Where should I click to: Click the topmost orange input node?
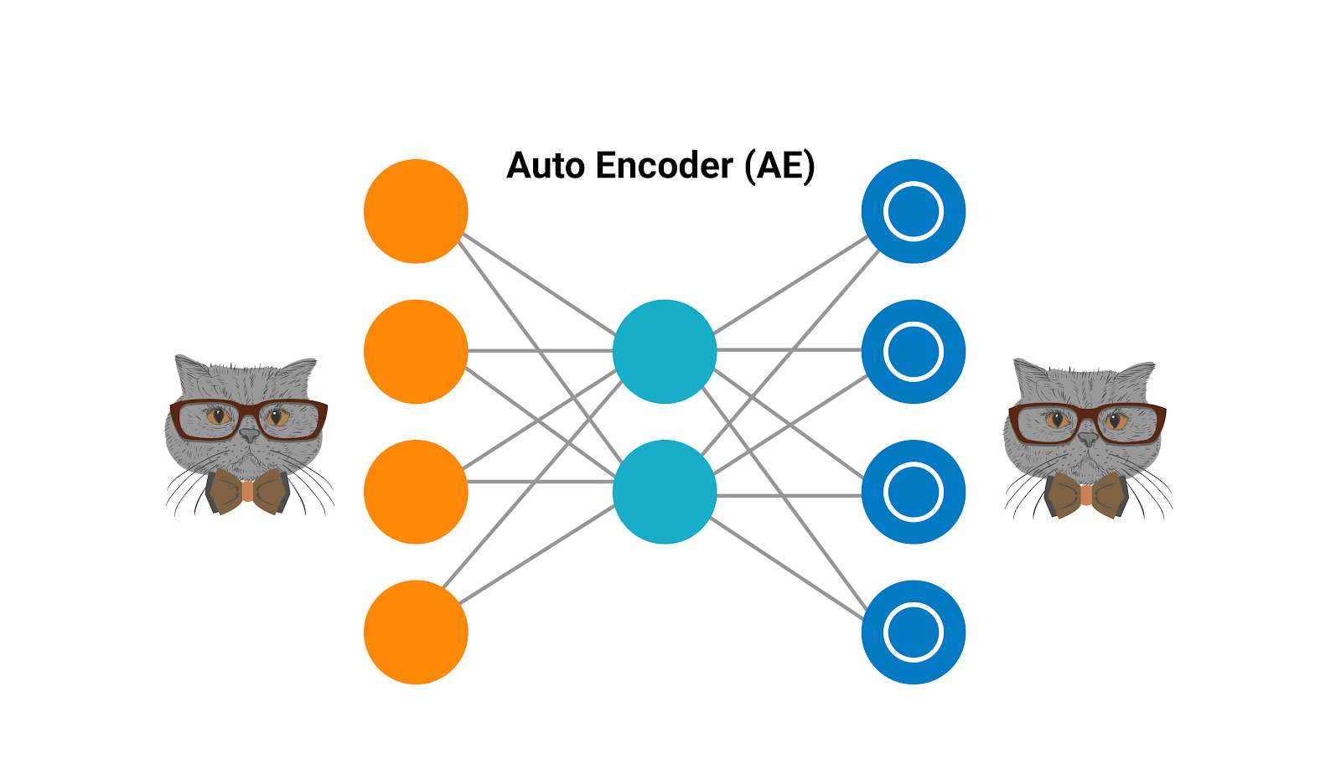coord(416,211)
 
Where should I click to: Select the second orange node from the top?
coord(416,351)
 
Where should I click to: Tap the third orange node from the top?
coord(416,492)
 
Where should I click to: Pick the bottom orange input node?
coord(416,632)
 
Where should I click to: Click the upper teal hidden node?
coord(665,351)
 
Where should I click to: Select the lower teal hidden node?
coord(665,492)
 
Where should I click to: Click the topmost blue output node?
coord(914,211)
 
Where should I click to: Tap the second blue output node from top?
coord(914,351)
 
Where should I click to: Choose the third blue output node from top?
coord(914,492)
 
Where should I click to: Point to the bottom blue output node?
coord(914,632)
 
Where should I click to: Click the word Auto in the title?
coord(546,166)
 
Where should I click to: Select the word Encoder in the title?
coord(664,166)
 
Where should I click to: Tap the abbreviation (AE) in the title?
coord(779,166)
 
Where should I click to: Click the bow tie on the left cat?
coord(247,491)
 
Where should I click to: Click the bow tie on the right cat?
coord(1086,494)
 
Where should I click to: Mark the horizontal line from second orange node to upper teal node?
coord(541,350)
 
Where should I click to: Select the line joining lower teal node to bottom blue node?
coord(788,569)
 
